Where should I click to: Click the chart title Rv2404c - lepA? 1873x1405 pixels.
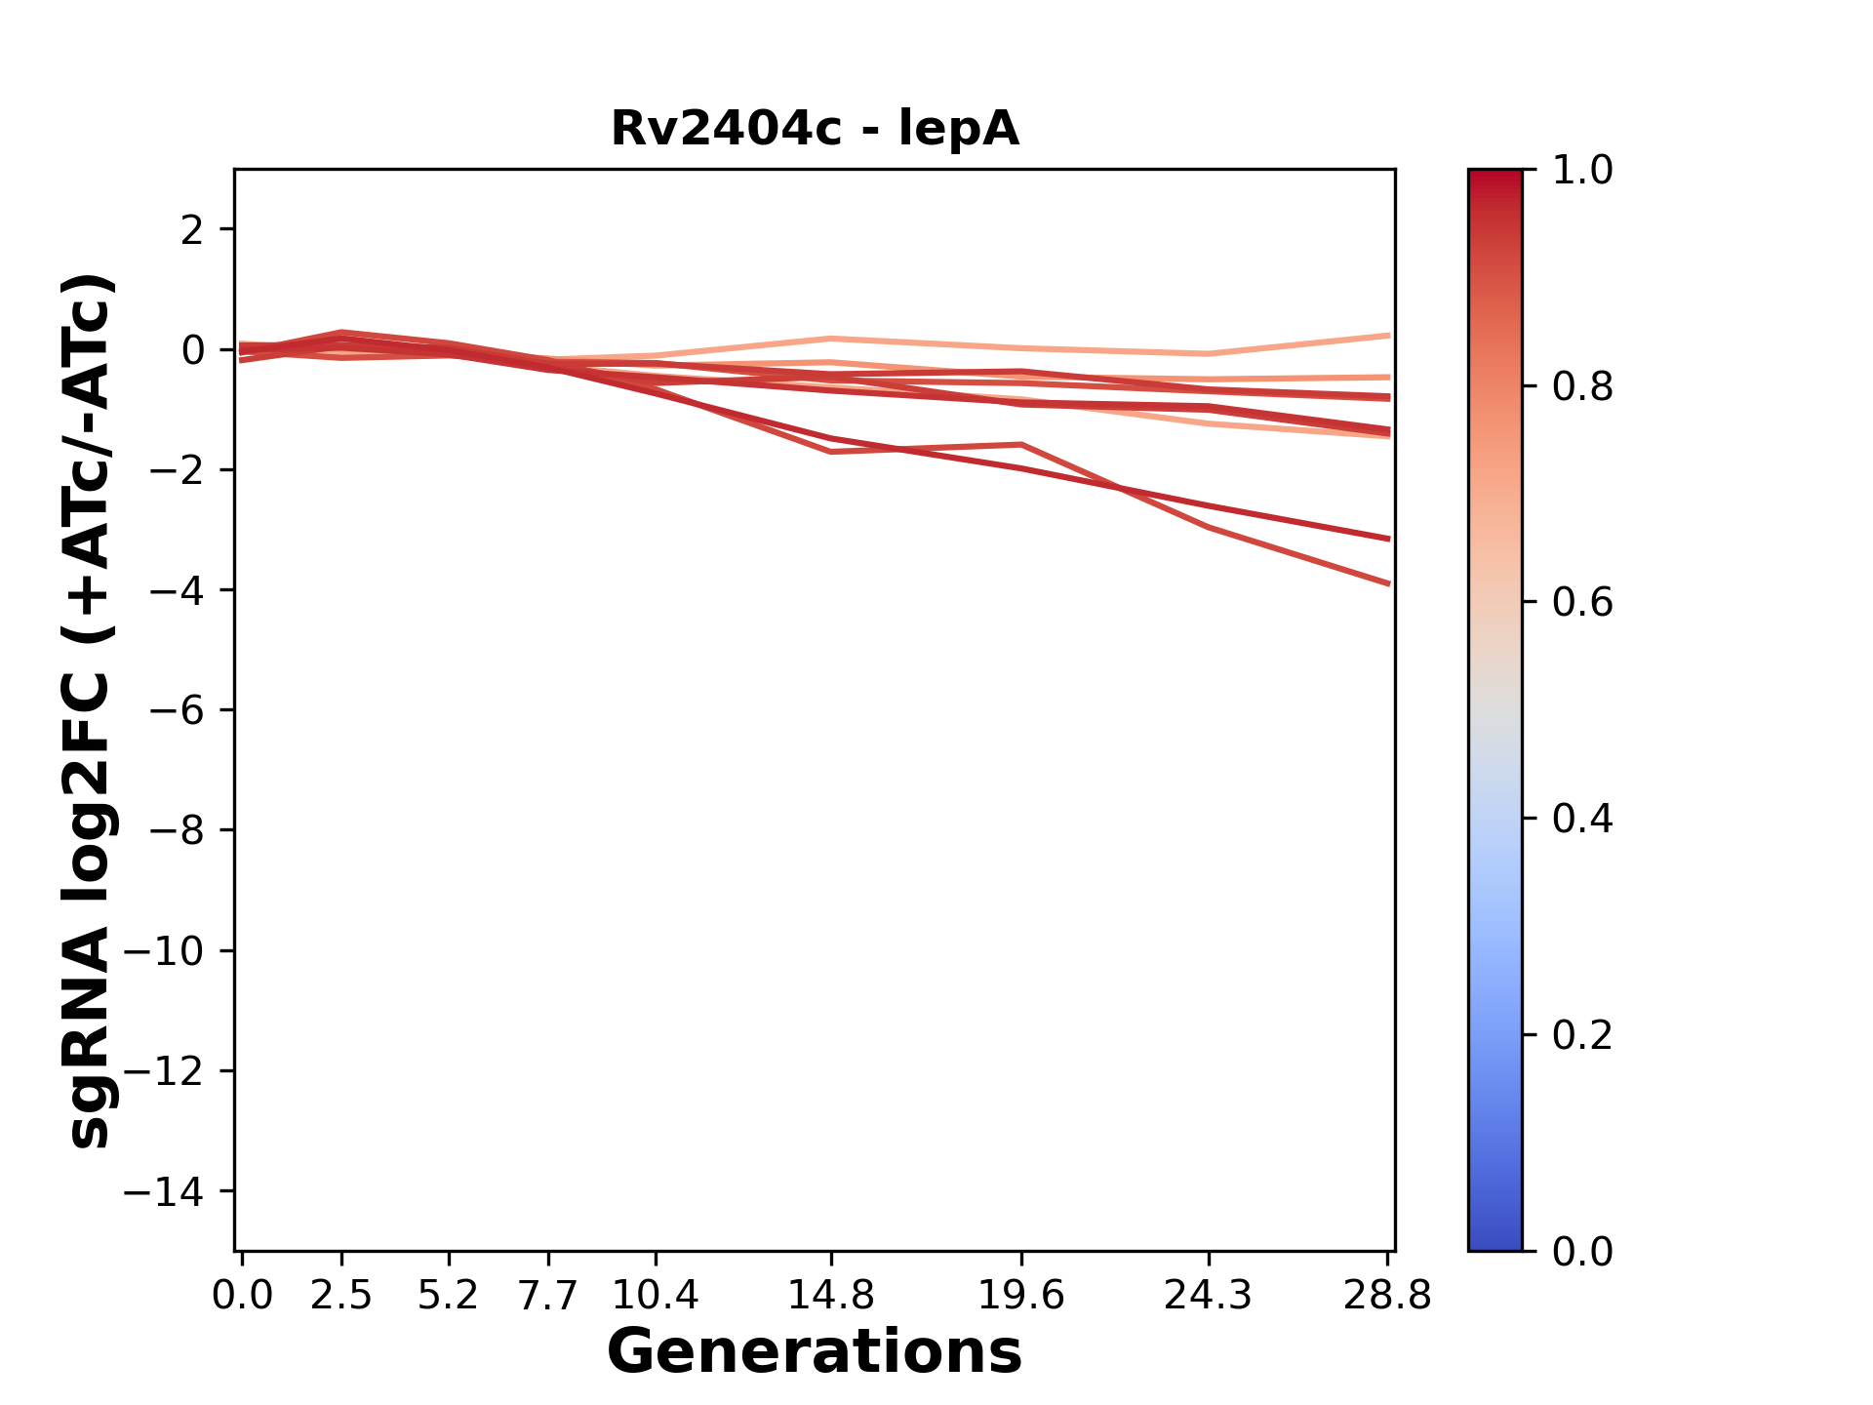point(815,129)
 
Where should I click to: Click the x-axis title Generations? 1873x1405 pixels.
point(815,1352)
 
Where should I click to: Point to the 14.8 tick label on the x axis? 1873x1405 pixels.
point(830,1295)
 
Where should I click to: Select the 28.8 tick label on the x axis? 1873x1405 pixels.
point(1387,1295)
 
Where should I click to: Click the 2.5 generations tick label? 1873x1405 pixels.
point(341,1295)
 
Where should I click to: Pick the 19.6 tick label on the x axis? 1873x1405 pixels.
point(1021,1295)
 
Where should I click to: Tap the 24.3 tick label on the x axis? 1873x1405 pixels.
point(1209,1295)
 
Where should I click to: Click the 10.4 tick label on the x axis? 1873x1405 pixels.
point(655,1295)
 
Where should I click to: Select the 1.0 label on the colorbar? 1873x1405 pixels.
point(1582,171)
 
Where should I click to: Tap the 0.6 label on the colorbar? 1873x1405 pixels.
point(1582,603)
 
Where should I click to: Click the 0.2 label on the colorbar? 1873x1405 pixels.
point(1582,1035)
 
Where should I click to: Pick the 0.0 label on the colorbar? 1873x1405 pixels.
point(1582,1252)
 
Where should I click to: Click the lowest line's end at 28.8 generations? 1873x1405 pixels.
point(1388,583)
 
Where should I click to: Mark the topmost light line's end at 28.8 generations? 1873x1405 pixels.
point(1388,336)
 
